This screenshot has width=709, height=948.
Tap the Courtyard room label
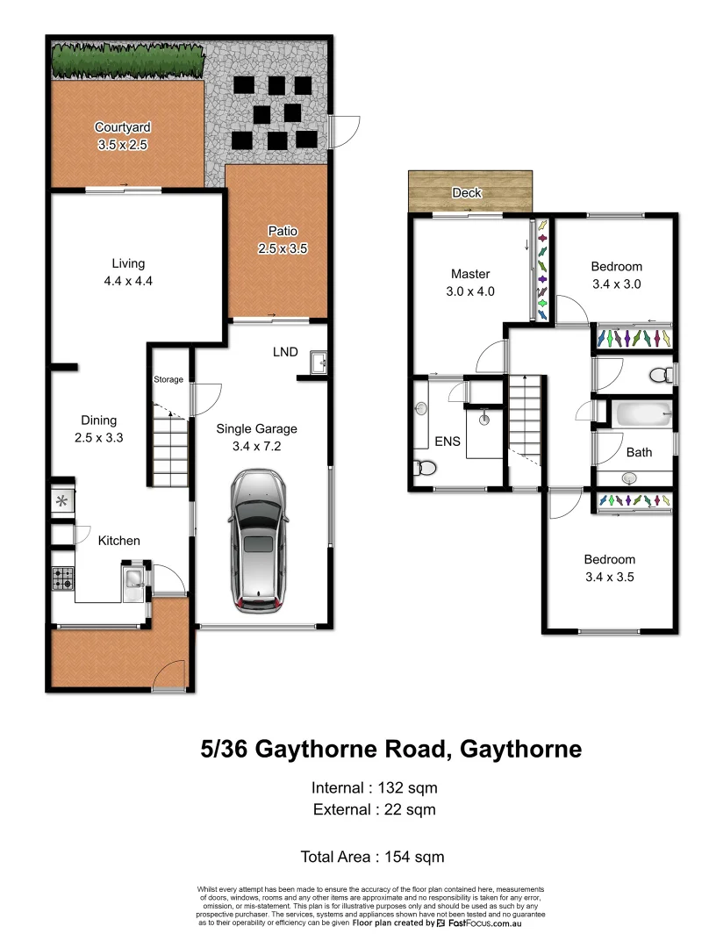tap(120, 136)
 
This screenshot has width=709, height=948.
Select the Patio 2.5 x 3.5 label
tap(282, 240)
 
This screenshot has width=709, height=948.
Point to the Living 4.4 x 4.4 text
tap(128, 272)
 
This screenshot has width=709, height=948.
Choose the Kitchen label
tap(118, 541)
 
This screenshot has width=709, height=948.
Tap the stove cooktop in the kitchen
tap(63, 578)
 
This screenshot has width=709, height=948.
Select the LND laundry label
tap(285, 352)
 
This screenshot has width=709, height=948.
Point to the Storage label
tap(168, 380)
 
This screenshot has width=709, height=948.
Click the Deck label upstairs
tap(467, 192)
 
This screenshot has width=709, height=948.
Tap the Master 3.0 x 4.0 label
tap(470, 283)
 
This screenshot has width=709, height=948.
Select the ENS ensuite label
tap(448, 442)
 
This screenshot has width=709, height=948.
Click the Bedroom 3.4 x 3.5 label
tap(610, 568)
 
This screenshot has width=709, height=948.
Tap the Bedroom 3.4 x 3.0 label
tap(616, 275)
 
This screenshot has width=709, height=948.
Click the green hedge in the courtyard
tap(128, 61)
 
